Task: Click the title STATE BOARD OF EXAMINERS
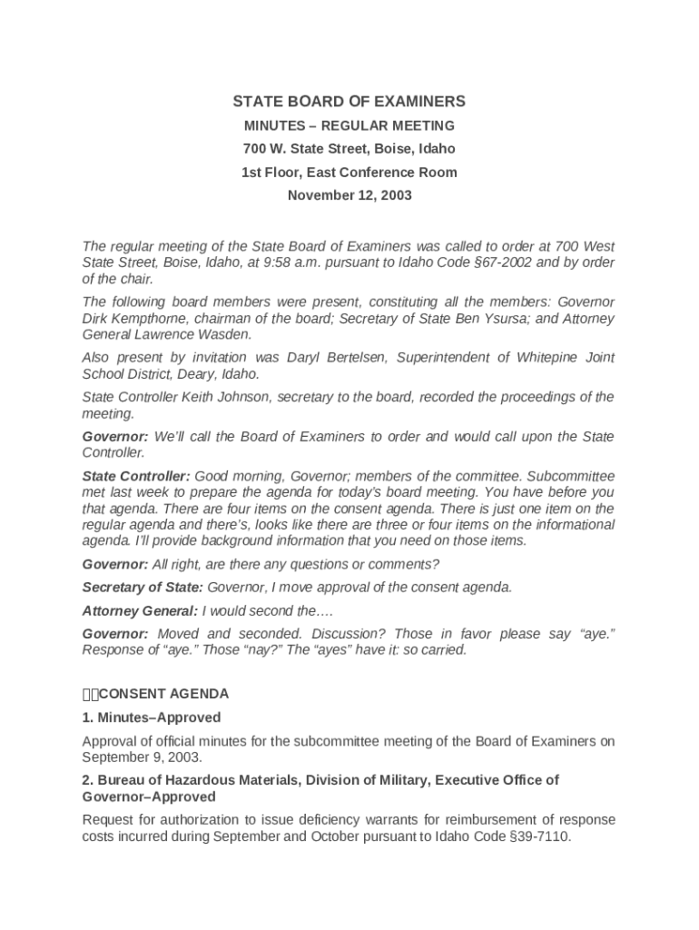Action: (x=349, y=102)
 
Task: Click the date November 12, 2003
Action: (x=349, y=195)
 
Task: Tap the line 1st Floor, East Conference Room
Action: (x=349, y=172)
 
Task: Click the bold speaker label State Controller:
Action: (x=136, y=476)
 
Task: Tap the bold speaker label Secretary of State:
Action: (x=143, y=587)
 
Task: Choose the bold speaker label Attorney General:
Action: (x=140, y=610)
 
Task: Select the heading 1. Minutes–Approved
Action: (x=152, y=717)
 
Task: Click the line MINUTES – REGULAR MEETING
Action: (x=349, y=125)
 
